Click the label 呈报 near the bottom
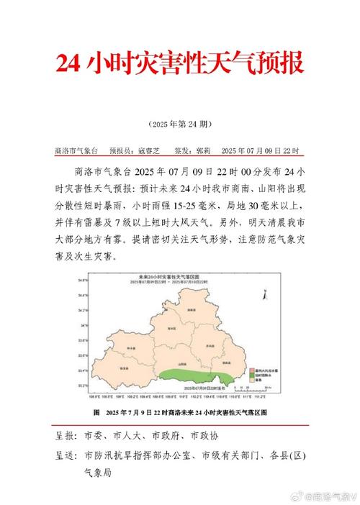pos(66,436)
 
